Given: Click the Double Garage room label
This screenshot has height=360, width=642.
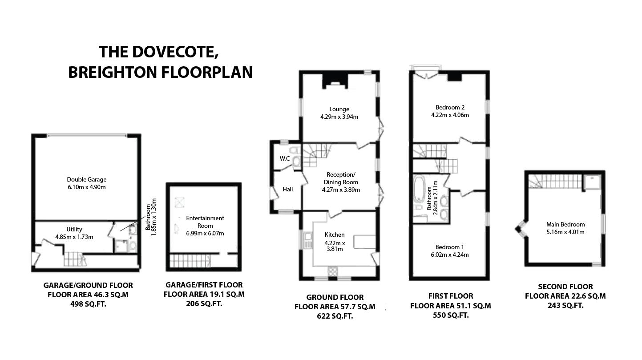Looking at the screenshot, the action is point(87,179).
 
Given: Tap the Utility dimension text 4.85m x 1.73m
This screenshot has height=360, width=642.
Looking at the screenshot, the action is point(74,237).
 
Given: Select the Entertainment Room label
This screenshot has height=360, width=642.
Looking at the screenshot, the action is point(205,222).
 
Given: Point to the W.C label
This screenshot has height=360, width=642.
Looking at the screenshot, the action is point(285,158).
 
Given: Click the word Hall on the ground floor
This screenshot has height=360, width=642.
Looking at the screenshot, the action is point(288,189).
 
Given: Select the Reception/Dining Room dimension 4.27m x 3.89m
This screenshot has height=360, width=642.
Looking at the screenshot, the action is point(341,190).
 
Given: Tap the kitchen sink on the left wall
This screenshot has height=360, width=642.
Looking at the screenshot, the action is point(308,240).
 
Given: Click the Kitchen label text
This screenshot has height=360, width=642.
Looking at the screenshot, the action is point(335,235).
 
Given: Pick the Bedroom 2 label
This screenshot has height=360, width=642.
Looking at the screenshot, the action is point(450,108).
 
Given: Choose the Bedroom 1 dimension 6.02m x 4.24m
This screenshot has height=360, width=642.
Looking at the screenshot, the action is point(450,255).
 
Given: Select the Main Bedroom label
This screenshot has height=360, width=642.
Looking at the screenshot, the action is point(565,224).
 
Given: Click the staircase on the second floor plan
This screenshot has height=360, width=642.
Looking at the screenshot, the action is point(555,182).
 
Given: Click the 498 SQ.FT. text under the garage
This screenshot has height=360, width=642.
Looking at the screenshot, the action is point(88,304).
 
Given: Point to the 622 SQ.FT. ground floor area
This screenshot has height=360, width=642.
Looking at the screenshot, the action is point(335,316).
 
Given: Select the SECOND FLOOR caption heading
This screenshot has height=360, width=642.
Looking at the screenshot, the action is point(565,287).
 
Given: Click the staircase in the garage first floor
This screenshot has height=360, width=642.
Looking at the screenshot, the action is point(190,261).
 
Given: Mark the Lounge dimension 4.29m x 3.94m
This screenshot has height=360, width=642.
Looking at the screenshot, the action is point(339,117).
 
